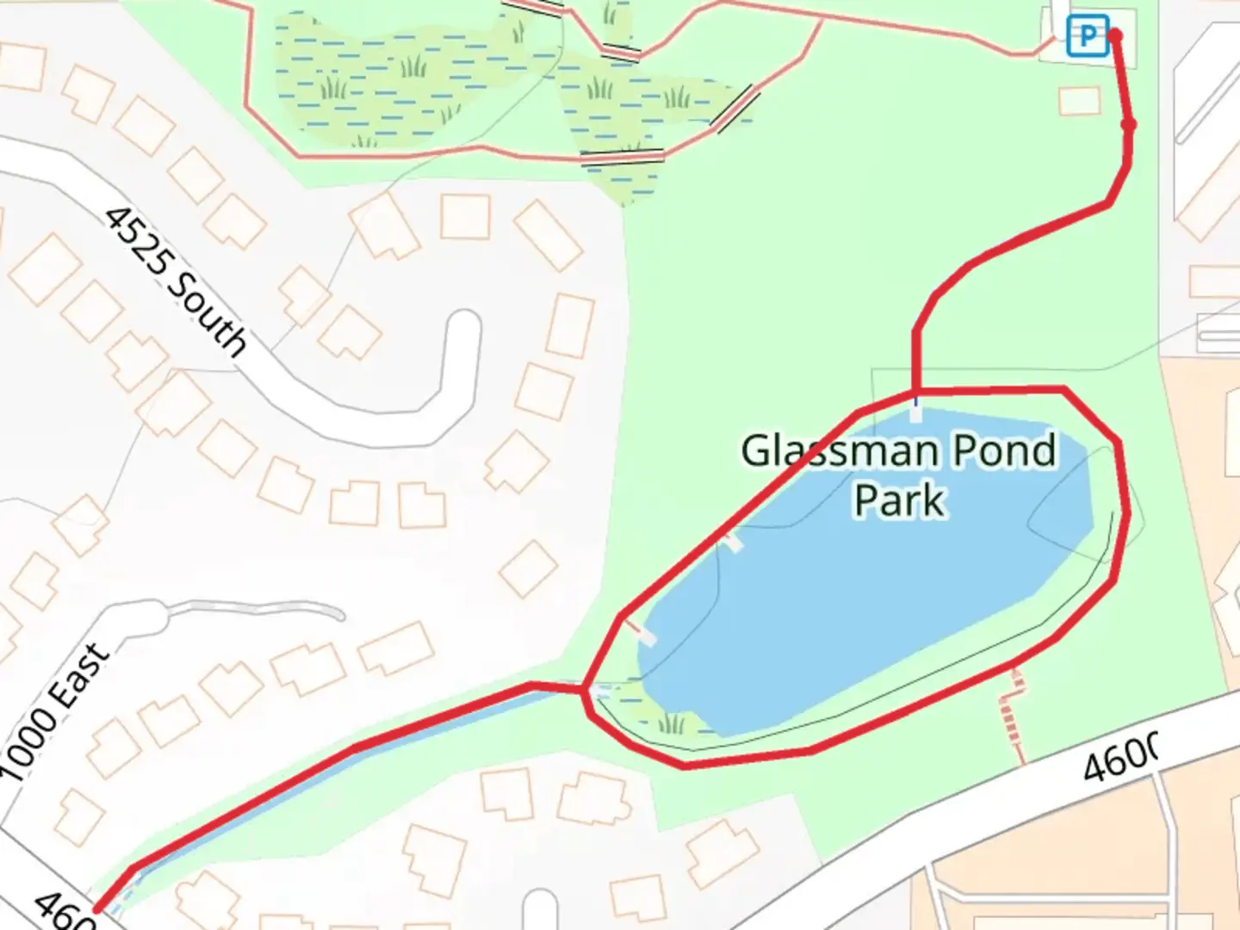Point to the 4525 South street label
(176, 281)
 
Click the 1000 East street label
(55, 711)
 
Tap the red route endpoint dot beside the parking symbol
(1115, 35)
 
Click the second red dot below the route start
(1129, 126)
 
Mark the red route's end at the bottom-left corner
(96, 908)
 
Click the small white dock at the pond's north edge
(915, 412)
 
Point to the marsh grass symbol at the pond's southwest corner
(672, 722)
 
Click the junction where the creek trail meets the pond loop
(586, 689)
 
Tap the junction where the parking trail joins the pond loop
(915, 393)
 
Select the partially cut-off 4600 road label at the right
(1119, 756)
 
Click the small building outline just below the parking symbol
(1080, 102)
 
